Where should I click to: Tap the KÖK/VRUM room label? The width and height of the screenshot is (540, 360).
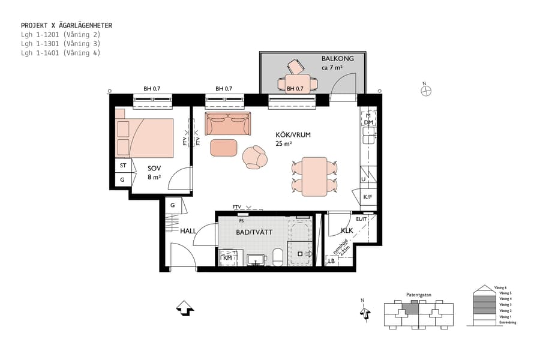pos(293,135)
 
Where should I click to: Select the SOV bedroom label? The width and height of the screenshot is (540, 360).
pos(154,168)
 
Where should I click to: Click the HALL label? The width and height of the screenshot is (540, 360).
pos(188,230)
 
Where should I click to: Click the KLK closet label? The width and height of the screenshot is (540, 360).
pos(347,230)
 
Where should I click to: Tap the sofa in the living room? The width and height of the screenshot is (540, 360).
pos(227,124)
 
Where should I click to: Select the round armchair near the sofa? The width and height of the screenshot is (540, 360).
pos(255,157)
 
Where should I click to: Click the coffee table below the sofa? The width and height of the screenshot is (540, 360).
pos(224,147)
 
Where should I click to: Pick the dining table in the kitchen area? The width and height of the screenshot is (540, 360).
pos(314,176)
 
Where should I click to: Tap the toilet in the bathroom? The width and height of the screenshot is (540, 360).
pos(278,257)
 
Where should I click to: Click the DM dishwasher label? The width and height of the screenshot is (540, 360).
pos(368,122)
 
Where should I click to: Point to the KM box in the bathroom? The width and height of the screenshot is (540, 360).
pos(227,258)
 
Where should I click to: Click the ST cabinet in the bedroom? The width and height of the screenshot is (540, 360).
pos(123,165)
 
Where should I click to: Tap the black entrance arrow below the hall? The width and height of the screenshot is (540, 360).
pos(185,308)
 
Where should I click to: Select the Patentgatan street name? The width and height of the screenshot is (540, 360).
pos(418,295)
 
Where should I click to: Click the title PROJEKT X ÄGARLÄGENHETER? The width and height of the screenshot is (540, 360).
pos(66,26)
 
